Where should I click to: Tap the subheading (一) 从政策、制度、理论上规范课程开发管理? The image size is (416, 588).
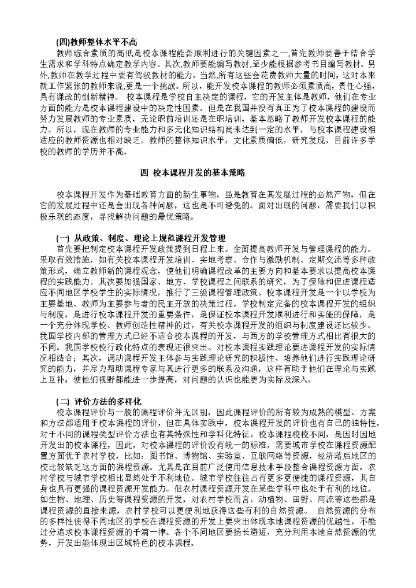(132, 238)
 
